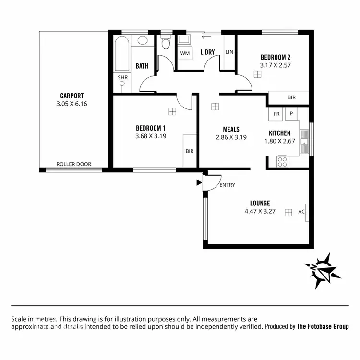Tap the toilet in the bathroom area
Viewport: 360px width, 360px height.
166,44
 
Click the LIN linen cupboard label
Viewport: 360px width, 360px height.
229,52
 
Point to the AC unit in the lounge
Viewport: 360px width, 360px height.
302,212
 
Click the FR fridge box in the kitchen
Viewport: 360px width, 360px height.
276,114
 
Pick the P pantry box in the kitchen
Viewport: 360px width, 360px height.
291,114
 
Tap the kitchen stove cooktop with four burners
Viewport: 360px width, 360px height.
282,161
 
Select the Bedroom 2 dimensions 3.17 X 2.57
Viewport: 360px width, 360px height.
276,65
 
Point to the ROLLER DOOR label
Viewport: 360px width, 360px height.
74,164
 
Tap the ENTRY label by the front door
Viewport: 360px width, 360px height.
227,185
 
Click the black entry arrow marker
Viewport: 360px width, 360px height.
199,182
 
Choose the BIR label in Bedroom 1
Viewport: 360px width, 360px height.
190,151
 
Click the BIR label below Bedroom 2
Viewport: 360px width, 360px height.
291,97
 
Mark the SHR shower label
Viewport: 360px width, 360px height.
123,77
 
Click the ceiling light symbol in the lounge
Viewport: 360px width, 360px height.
288,212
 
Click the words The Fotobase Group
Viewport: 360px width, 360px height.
323,326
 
